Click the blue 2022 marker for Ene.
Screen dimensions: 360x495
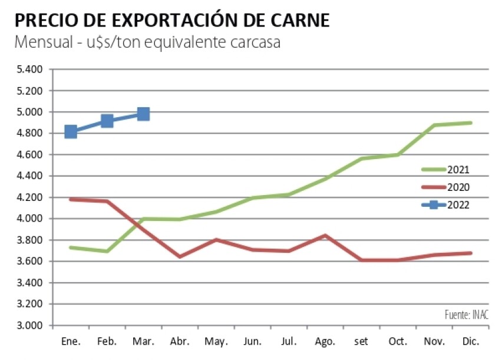pos(71,131)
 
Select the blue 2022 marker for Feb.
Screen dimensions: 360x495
pos(107,121)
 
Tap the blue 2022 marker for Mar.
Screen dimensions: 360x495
pos(143,114)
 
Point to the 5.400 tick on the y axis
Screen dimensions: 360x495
pos(30,70)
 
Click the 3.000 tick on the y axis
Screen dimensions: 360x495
pos(30,325)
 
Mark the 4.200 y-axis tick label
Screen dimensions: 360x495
pos(30,197)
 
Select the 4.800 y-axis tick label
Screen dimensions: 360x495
pos(30,133)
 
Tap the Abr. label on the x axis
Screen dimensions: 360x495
pos(180,342)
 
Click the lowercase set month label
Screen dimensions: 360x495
pos(361,342)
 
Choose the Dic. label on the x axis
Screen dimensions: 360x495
pos(470,342)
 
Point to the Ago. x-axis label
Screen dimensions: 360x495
pos(325,342)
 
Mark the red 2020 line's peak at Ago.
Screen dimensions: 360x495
pos(325,236)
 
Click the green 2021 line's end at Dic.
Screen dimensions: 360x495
pos(471,123)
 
